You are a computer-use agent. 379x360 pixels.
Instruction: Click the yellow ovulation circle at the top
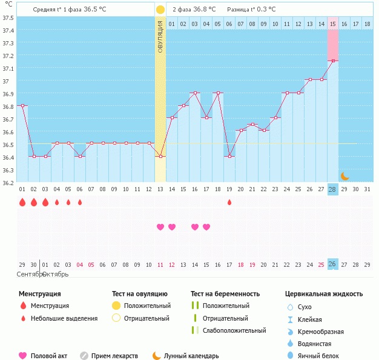(x=160, y=10)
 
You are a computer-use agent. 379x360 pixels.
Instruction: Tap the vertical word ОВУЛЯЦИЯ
(x=160, y=36)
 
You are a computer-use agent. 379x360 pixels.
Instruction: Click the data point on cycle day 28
(x=332, y=61)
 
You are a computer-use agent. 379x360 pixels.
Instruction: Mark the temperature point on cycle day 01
(x=22, y=105)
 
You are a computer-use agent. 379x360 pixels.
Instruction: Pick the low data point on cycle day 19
(x=229, y=156)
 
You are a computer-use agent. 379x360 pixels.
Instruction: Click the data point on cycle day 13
(x=160, y=156)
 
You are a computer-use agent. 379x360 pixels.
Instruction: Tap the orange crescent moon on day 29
(x=344, y=176)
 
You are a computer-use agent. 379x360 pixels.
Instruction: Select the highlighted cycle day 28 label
(x=332, y=189)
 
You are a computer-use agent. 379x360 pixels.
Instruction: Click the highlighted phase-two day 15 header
(x=333, y=24)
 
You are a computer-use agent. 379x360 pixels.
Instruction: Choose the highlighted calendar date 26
(x=332, y=264)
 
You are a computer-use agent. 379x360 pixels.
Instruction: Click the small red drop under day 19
(x=229, y=202)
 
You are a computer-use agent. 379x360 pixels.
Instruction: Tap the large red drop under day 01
(x=22, y=202)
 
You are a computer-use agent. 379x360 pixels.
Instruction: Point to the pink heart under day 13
(x=160, y=227)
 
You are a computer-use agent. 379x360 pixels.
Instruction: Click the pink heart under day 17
(x=206, y=227)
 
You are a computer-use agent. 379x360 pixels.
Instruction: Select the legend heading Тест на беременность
(x=225, y=293)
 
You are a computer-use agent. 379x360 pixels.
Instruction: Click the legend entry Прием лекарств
(x=114, y=356)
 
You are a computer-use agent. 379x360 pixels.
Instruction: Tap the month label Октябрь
(x=55, y=274)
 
